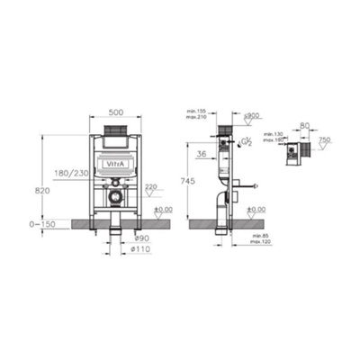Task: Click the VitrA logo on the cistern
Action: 117,165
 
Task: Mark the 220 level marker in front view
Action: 149,186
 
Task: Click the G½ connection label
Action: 245,142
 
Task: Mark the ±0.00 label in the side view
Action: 256,211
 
